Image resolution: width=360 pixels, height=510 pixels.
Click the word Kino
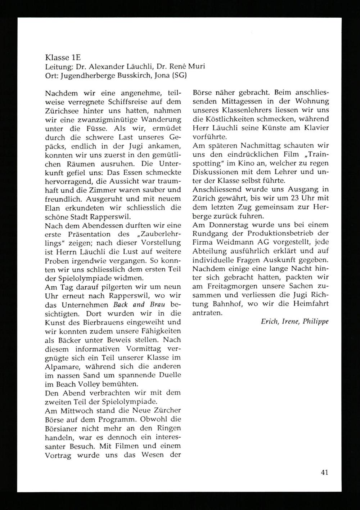(240, 163)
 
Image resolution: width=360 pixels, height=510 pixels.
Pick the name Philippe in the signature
(315, 322)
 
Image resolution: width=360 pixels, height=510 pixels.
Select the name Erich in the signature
(269, 322)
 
